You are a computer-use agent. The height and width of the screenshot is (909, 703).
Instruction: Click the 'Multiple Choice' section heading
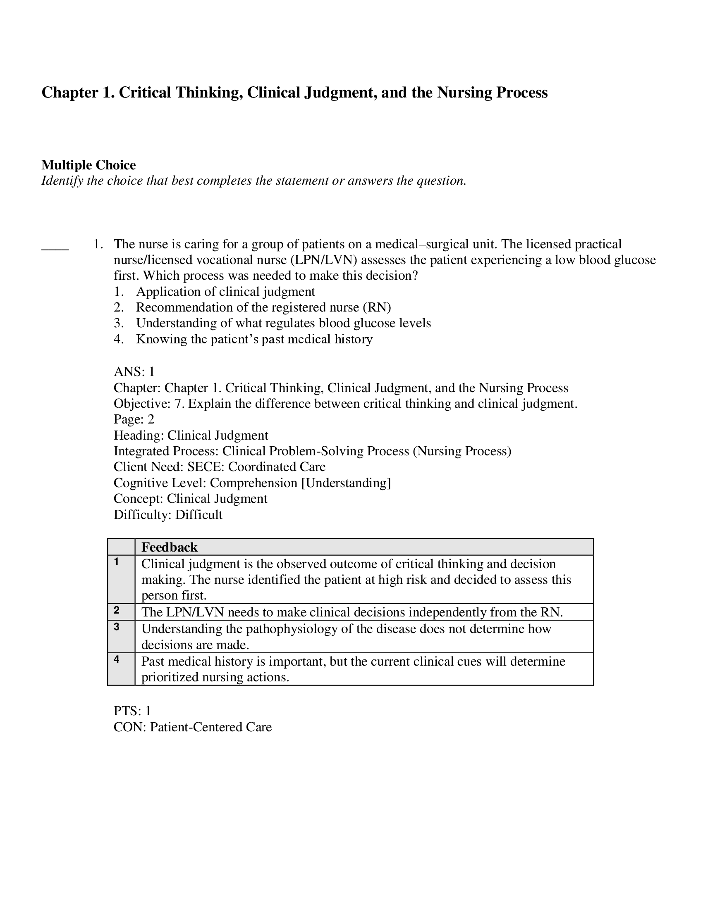point(88,165)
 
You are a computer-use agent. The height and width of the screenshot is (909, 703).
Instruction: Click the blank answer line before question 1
point(55,248)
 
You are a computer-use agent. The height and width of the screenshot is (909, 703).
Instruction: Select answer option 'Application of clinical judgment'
point(225,291)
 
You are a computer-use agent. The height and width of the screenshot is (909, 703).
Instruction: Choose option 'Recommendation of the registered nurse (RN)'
point(263,307)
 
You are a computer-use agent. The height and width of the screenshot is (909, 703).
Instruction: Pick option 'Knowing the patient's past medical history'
point(254,339)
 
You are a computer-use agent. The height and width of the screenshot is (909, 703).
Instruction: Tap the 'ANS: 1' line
point(134,371)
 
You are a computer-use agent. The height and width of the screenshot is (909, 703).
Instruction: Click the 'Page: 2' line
point(134,419)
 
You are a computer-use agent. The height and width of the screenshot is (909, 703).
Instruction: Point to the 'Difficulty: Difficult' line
point(168,514)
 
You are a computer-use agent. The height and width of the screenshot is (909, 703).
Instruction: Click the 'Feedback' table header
point(170,547)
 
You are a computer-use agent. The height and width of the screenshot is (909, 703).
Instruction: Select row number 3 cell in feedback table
point(121,636)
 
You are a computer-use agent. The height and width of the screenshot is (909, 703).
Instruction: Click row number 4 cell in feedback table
point(121,669)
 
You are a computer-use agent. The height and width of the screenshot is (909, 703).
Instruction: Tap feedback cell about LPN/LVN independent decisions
point(352,612)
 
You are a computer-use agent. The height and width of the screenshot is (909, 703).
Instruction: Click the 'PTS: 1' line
point(132,711)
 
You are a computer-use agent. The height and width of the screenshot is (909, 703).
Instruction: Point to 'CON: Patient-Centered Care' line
point(192,727)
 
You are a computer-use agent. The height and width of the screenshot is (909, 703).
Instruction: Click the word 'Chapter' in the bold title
point(69,93)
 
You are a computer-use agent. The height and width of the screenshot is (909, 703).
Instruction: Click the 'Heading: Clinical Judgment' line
point(191,435)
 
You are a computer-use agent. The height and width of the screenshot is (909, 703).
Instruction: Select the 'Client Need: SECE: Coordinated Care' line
point(220,466)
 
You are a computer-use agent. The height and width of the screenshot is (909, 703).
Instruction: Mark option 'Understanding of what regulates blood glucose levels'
point(283,323)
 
